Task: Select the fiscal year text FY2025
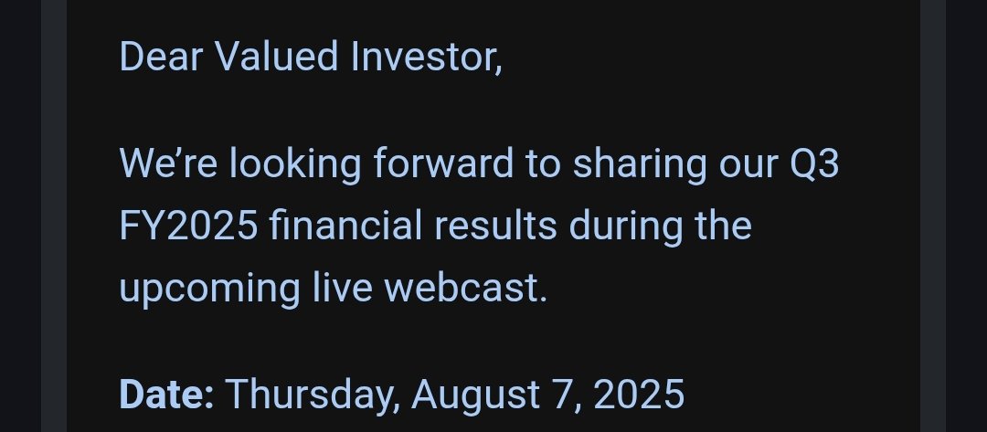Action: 189,226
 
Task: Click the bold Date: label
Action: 166,395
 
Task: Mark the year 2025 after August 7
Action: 639,395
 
